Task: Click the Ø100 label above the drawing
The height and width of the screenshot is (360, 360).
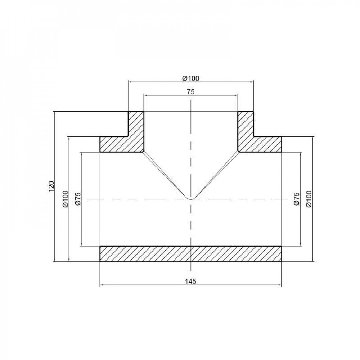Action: (191, 78)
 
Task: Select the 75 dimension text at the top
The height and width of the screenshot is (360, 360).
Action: (191, 92)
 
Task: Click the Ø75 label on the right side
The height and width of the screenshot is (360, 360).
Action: (296, 199)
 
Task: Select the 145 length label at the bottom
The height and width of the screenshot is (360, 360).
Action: (191, 281)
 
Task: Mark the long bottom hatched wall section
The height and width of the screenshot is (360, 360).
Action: (191, 253)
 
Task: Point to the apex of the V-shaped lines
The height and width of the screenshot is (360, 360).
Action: (191, 199)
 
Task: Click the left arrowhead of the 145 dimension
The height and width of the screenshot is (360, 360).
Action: (102, 285)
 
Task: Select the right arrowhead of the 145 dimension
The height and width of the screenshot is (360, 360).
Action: (280, 285)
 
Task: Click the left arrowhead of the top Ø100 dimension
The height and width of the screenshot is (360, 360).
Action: (130, 82)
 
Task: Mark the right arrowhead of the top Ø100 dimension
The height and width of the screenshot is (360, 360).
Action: (252, 82)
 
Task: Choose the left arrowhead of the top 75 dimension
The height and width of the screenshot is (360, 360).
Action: (145, 95)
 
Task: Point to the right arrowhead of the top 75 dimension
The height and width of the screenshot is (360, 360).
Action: (236, 95)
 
